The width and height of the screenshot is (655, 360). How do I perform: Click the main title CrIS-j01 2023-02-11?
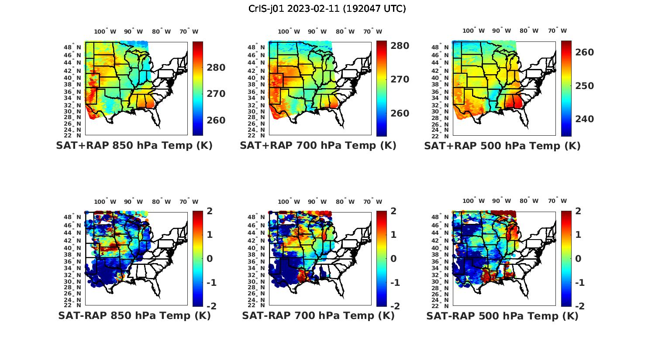pyautogui.click(x=327, y=9)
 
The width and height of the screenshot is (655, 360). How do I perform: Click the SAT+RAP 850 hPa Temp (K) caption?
pyautogui.click(x=134, y=146)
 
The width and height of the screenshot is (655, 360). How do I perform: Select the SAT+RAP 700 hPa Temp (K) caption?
pyautogui.click(x=318, y=146)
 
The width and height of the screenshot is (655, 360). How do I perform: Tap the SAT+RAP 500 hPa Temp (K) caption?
pyautogui.click(x=502, y=146)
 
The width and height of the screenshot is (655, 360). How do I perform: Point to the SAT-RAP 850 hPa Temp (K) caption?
pyautogui.click(x=134, y=315)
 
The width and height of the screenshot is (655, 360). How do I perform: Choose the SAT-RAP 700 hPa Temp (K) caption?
pyautogui.click(x=318, y=315)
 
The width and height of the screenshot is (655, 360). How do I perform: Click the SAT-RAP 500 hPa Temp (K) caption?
pyautogui.click(x=502, y=316)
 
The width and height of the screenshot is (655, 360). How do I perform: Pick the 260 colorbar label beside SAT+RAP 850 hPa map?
pyautogui.click(x=216, y=120)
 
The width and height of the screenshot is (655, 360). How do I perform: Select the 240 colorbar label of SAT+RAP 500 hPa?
pyautogui.click(x=585, y=119)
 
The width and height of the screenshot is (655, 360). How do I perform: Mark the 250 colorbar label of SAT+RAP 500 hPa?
pyautogui.click(x=585, y=86)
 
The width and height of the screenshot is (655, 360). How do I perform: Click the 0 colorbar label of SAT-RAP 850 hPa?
pyautogui.click(x=209, y=259)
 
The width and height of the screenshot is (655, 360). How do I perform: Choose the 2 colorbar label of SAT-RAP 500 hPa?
pyautogui.click(x=578, y=211)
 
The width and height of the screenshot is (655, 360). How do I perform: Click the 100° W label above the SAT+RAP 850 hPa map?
pyautogui.click(x=105, y=31)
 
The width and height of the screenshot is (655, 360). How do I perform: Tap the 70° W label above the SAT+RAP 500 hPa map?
pyautogui.click(x=558, y=31)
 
